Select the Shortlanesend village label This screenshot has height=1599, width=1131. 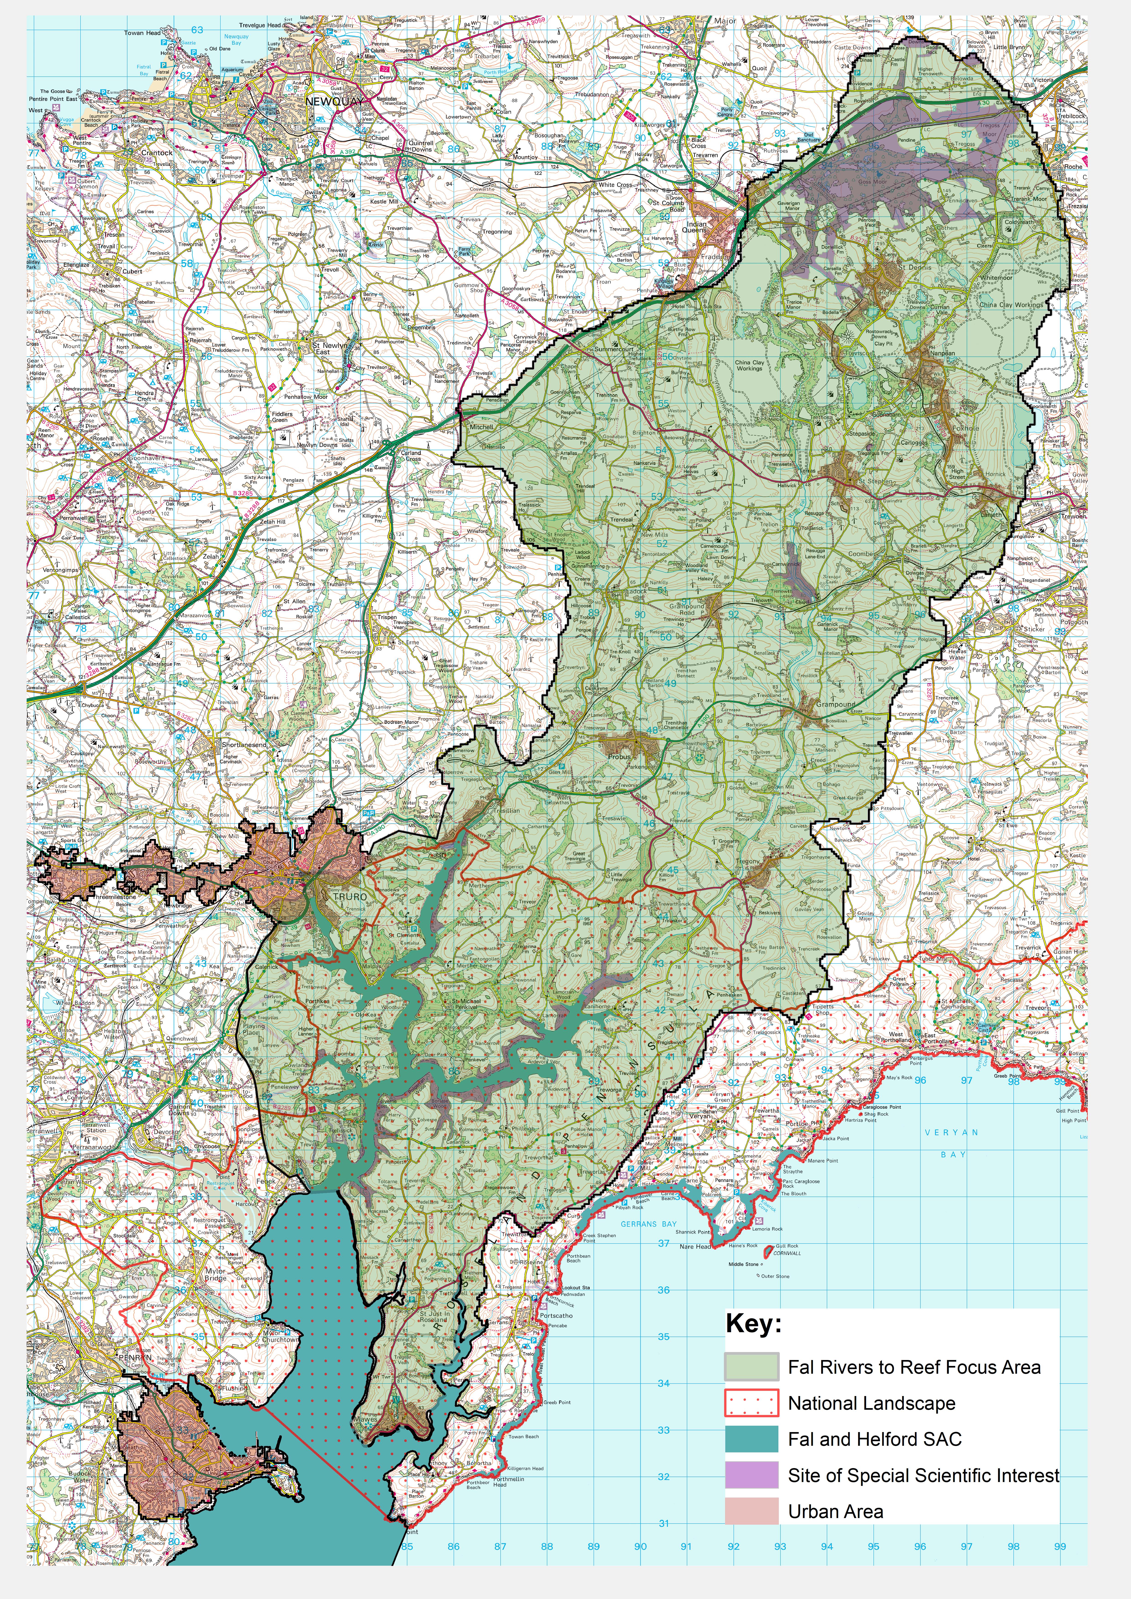pyautogui.click(x=244, y=745)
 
